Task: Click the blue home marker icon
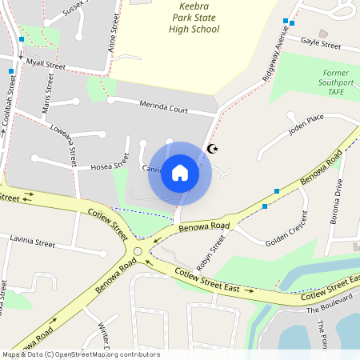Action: point(180,173)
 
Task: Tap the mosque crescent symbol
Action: point(212,148)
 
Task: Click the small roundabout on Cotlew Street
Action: point(138,252)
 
